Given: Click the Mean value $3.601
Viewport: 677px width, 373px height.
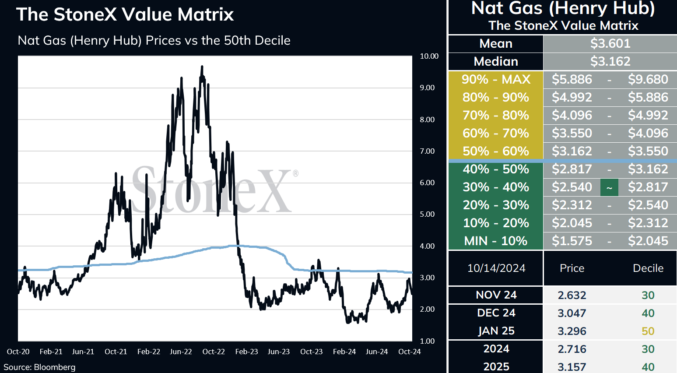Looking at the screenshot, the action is (610, 43).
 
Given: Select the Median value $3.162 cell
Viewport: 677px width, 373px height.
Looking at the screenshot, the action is (610, 61).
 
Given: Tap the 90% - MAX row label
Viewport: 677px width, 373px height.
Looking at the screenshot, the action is (496, 80).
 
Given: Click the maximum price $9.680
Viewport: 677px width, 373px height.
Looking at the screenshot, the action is (648, 80).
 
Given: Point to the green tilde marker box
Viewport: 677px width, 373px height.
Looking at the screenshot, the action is (609, 187).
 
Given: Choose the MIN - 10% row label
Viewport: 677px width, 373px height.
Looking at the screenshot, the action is (496, 241).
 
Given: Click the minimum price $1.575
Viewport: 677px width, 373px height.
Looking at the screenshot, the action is (572, 241).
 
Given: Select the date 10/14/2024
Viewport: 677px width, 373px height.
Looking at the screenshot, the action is (496, 268).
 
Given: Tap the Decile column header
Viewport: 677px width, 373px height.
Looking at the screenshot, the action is (648, 268).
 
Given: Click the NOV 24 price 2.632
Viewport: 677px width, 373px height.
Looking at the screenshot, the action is (572, 295).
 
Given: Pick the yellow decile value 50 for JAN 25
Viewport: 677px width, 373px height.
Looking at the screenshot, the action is (648, 331).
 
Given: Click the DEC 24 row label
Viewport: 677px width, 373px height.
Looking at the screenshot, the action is (496, 313).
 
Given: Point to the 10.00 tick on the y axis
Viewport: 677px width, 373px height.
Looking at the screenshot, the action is (429, 56).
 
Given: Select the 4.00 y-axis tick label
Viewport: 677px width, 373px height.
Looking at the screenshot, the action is (427, 246).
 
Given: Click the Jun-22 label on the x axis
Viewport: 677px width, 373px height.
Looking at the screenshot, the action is (181, 352).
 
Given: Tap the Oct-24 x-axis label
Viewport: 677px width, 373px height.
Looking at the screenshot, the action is (409, 352).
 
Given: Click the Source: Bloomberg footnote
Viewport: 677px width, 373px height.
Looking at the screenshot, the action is (39, 367).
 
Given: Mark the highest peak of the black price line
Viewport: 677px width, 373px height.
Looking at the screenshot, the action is (202, 66).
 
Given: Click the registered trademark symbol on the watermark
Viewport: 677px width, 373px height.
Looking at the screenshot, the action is (295, 173).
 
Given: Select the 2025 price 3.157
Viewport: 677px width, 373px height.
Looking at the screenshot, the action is (572, 367).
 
